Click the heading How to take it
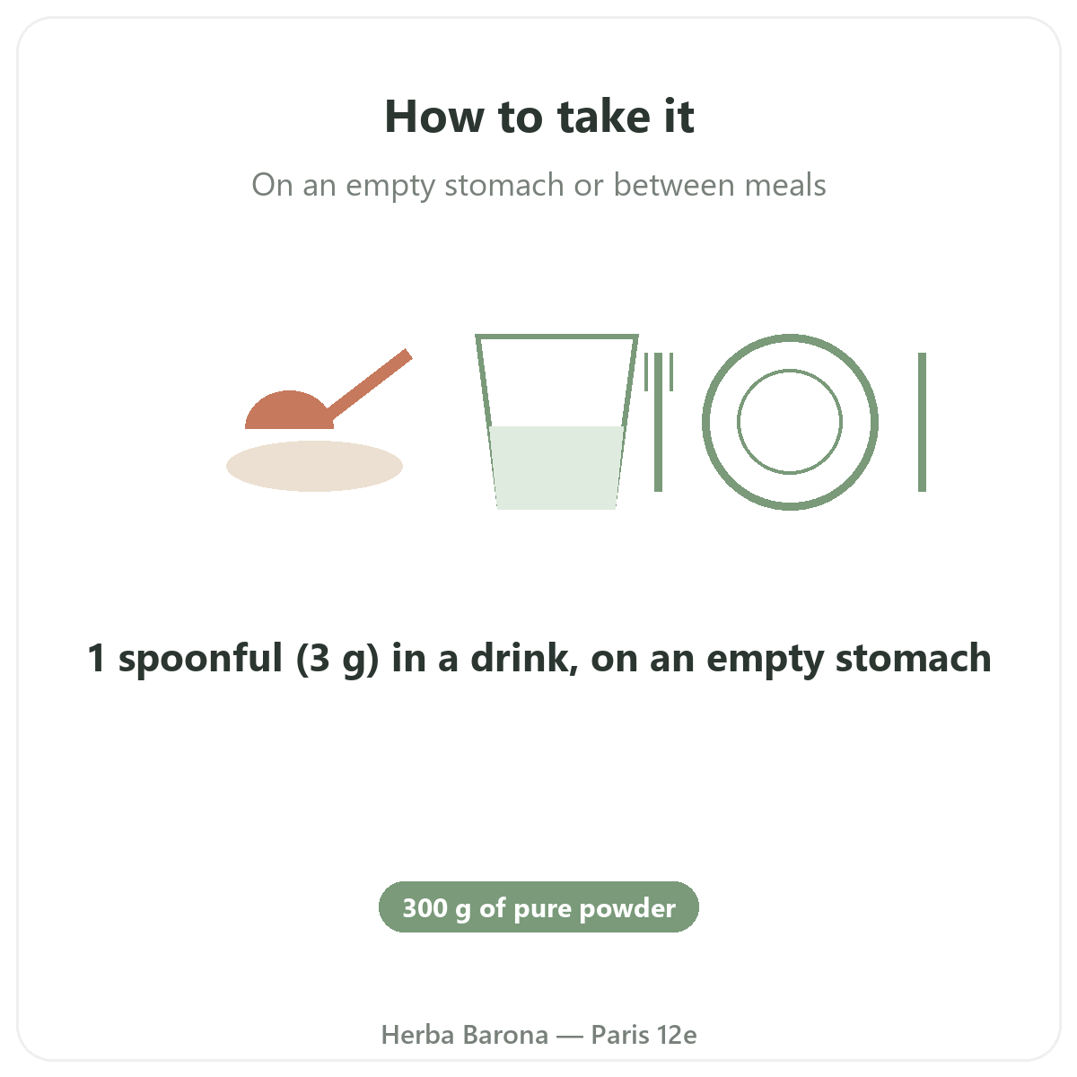538,117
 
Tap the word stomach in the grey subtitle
503,185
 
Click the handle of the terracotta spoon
370,385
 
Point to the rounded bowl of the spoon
289,411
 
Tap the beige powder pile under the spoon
314,466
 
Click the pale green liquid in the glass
556,468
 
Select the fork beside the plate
659,422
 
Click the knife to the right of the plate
923,422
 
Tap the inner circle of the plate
789,370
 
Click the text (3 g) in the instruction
337,659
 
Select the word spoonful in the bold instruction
200,659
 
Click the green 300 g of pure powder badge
538,906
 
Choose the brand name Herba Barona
464,1035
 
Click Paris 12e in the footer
644,1035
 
